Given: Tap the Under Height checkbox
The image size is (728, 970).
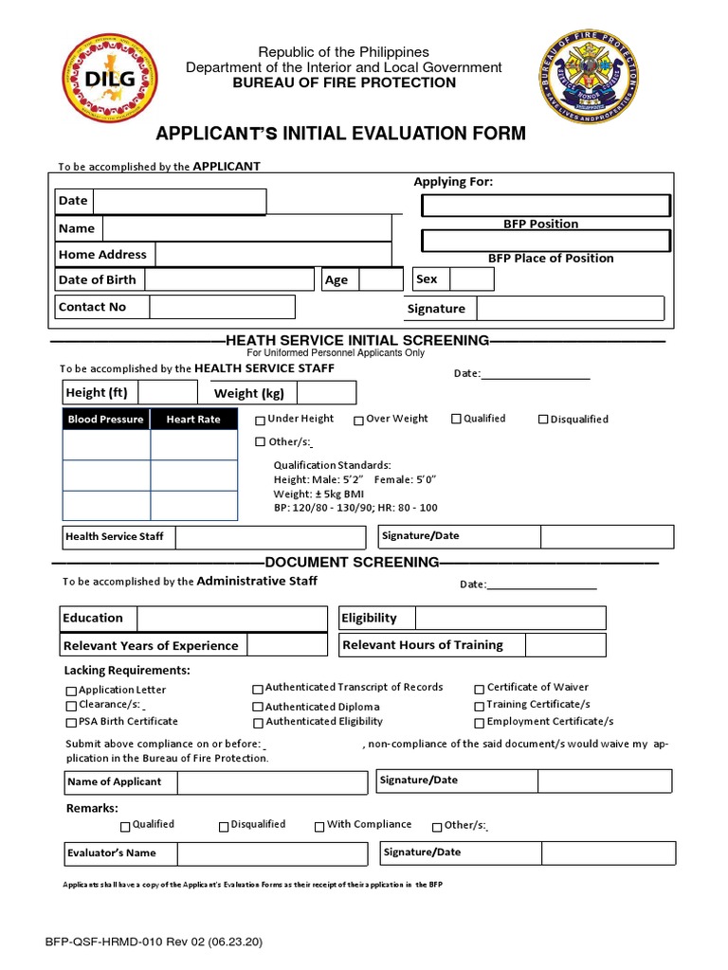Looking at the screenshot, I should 261,420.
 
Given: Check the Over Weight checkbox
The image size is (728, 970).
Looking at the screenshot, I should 359,420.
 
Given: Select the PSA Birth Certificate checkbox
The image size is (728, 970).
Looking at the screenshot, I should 71,722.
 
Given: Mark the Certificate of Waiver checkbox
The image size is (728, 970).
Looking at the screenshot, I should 480,689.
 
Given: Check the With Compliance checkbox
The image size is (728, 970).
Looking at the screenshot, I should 319,826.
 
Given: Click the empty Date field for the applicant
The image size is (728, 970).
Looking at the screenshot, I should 178,202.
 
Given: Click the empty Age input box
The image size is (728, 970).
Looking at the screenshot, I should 381,279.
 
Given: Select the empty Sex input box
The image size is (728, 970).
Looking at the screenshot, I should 471,279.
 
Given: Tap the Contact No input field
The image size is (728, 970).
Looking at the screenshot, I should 222,307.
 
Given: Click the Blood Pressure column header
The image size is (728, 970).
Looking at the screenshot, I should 106,419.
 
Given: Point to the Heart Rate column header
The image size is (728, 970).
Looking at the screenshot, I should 193,419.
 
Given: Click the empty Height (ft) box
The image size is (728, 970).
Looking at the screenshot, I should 168,393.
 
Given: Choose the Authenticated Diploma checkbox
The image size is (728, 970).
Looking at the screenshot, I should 258,707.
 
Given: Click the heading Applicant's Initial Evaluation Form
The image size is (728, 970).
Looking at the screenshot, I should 340,133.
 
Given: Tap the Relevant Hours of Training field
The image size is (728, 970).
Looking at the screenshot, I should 566,645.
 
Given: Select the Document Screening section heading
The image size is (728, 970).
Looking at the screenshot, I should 353,563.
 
